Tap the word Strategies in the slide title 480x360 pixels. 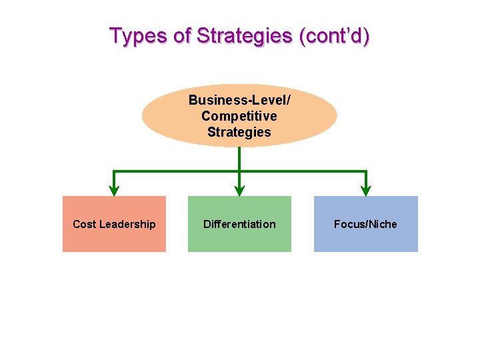click(x=243, y=35)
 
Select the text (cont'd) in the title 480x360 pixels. click(x=334, y=35)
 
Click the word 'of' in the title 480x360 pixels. click(x=183, y=35)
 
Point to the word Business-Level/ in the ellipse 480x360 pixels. click(x=239, y=100)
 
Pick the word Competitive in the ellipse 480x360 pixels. click(x=239, y=116)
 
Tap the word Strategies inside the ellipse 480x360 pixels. click(x=239, y=132)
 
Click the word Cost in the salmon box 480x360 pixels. click(x=84, y=224)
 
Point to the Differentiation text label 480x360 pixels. click(x=239, y=224)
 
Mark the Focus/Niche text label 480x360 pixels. click(x=365, y=224)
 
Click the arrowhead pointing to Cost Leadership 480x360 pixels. click(x=114, y=190)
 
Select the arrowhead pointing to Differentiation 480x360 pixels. click(x=239, y=190)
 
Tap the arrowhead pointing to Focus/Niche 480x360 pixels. click(x=366, y=190)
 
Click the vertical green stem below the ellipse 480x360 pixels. click(x=239, y=159)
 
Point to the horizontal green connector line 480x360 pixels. click(x=177, y=172)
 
